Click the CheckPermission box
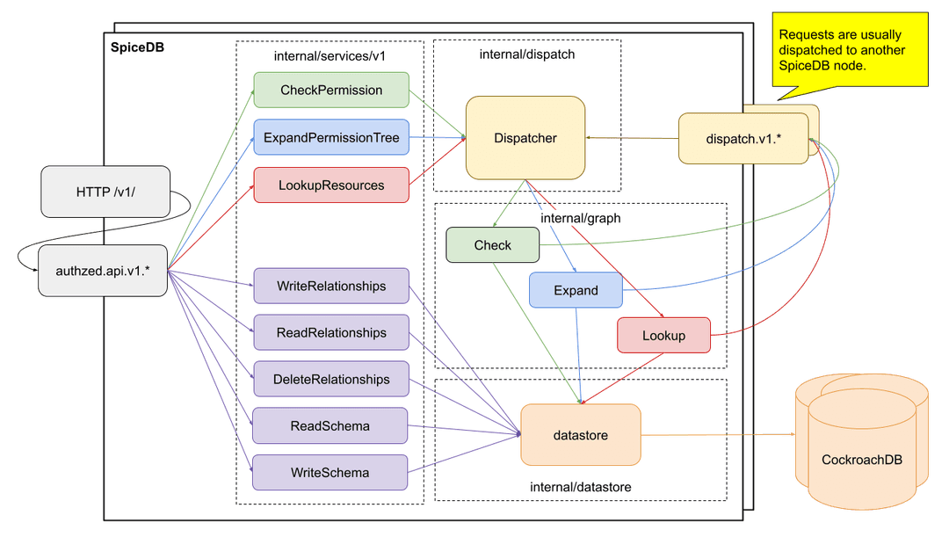click(331, 91)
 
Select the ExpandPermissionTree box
click(331, 138)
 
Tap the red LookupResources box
click(331, 185)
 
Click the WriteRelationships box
click(331, 287)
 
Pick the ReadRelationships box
click(331, 333)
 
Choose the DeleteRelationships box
click(331, 380)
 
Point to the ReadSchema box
click(330, 426)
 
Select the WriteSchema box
click(330, 473)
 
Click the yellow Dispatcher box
click(525, 138)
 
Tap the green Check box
click(492, 245)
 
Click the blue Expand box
click(576, 290)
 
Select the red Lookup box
click(663, 336)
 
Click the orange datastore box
click(580, 435)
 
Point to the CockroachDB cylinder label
click(861, 460)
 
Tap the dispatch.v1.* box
click(743, 138)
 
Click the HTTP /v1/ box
click(105, 192)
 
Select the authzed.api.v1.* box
click(103, 270)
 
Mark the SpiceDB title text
click(137, 47)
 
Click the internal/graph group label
click(580, 217)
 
